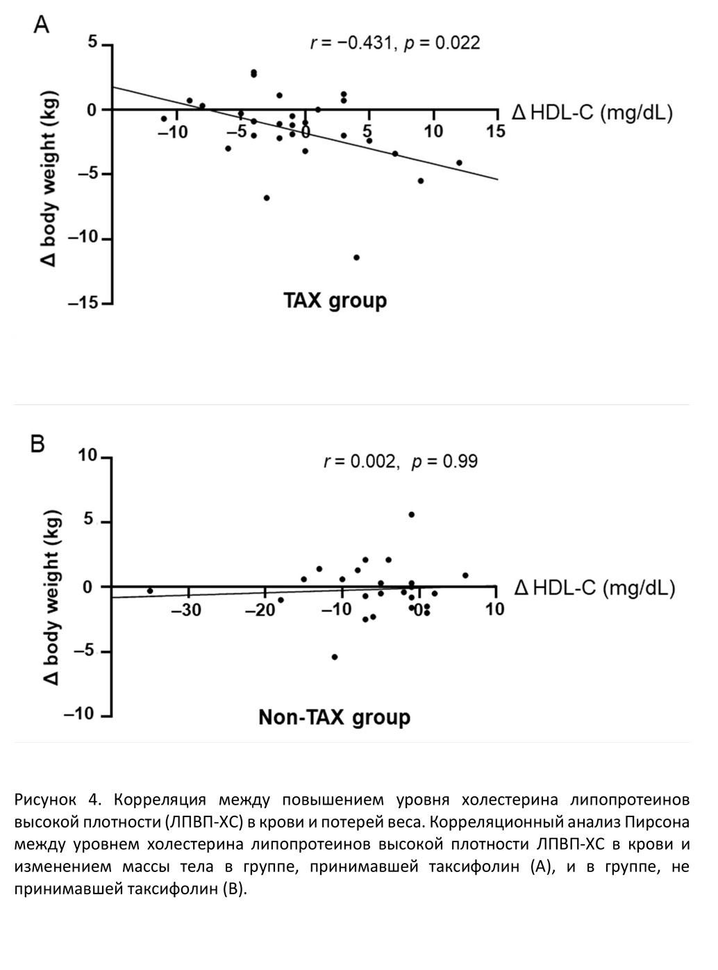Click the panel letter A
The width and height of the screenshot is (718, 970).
pyautogui.click(x=42, y=26)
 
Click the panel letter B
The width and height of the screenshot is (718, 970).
pyautogui.click(x=39, y=443)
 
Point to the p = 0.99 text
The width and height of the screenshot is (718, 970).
pyautogui.click(x=445, y=461)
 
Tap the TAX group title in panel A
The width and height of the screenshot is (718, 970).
pyautogui.click(x=335, y=300)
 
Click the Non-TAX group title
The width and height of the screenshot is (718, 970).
pyautogui.click(x=334, y=717)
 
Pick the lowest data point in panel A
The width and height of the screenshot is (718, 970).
pyautogui.click(x=357, y=257)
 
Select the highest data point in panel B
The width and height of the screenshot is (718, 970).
pyautogui.click(x=411, y=514)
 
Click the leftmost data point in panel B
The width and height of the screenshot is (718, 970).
pyautogui.click(x=150, y=591)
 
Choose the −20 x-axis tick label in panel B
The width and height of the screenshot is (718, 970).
pyautogui.click(x=262, y=610)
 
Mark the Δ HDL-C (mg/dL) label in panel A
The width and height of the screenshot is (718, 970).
pyautogui.click(x=592, y=113)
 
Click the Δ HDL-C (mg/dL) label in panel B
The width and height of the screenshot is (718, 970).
pyautogui.click(x=594, y=589)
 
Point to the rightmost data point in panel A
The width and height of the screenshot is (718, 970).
pyautogui.click(x=459, y=163)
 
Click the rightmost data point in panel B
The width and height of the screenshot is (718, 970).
pyautogui.click(x=465, y=575)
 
